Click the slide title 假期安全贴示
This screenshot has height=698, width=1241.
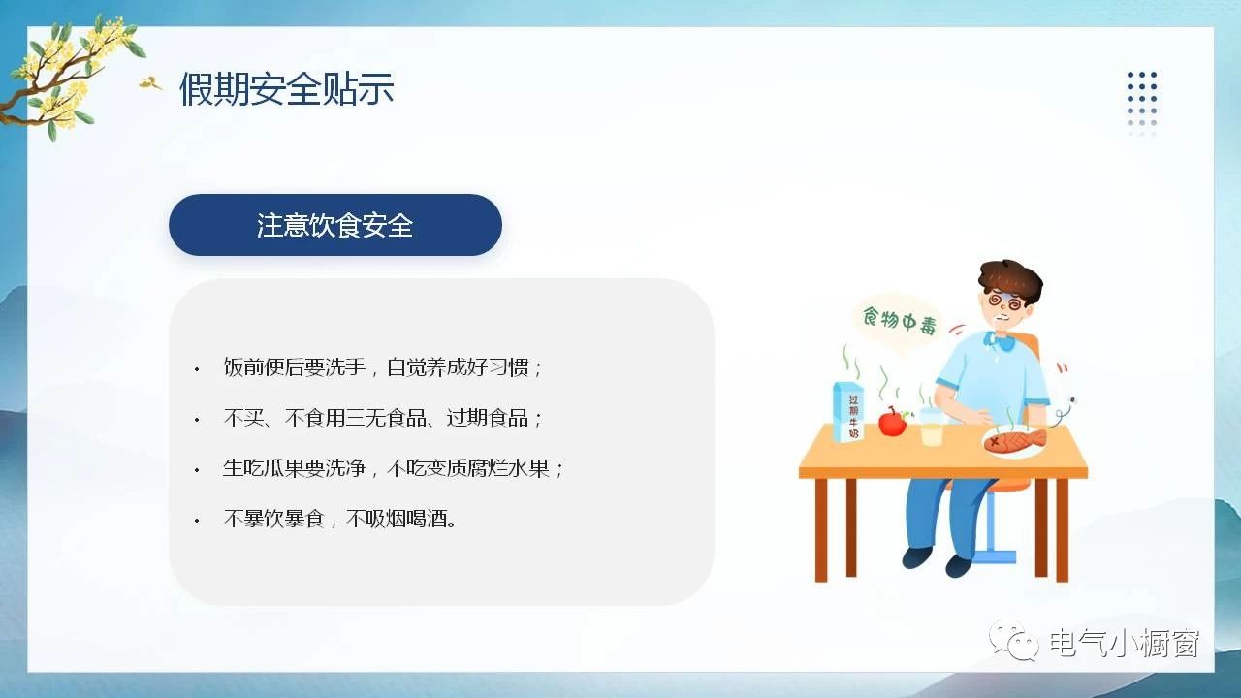pos(286,88)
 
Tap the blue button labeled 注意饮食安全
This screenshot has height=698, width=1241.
pos(335,225)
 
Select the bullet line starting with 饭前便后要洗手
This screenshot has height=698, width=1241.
pos(383,367)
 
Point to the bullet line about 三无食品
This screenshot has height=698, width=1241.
pos(383,418)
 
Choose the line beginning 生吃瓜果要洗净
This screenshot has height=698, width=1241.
pos(393,468)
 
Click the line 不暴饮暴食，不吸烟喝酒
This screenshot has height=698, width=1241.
pos(340,519)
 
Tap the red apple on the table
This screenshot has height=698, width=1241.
pos(893,422)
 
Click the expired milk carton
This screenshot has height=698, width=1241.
pos(848,411)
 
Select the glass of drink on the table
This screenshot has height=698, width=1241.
pos(932,427)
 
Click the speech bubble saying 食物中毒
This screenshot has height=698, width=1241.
pos(899,321)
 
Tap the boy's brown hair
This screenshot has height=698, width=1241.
pos(1011,280)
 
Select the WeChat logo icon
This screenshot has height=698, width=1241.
pos(1014,641)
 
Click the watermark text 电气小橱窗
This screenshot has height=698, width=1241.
pos(1125,643)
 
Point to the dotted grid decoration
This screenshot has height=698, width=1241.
pos(1142,104)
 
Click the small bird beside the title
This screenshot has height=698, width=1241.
pos(150,83)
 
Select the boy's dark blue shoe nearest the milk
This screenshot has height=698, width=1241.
pos(917,557)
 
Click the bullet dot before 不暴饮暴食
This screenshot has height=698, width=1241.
pos(197,521)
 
